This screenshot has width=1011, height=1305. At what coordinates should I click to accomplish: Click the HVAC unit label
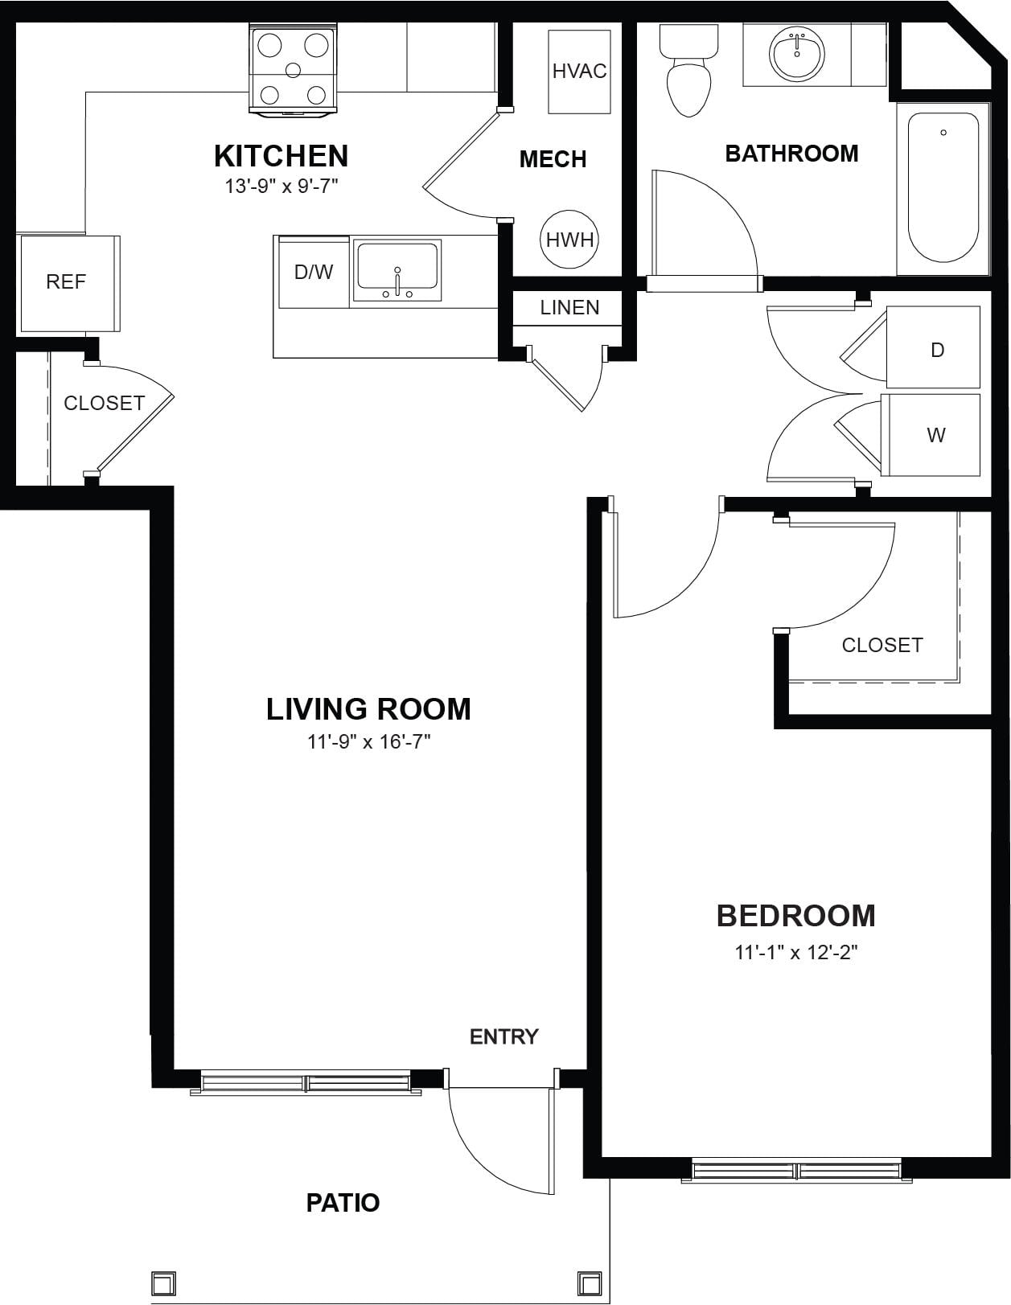(579, 71)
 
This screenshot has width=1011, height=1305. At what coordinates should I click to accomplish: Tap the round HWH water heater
(569, 239)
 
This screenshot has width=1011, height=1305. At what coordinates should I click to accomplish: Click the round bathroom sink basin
(797, 53)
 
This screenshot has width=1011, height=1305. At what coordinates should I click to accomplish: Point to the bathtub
(943, 187)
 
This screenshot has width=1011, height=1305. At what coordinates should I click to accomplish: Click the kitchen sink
(397, 269)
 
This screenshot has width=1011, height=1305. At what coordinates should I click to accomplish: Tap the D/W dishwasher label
(314, 272)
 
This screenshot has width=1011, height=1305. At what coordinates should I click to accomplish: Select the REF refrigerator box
(70, 284)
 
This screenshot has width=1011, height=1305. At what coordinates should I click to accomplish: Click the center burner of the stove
(293, 70)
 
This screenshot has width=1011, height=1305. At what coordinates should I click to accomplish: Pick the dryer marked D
(933, 347)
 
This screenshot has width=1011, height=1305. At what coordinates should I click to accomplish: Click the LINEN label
(569, 307)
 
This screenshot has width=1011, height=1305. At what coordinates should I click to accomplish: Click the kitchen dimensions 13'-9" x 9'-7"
(282, 187)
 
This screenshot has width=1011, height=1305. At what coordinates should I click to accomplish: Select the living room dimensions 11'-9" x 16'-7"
(369, 741)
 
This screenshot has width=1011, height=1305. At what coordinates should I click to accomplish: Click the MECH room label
(553, 159)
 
